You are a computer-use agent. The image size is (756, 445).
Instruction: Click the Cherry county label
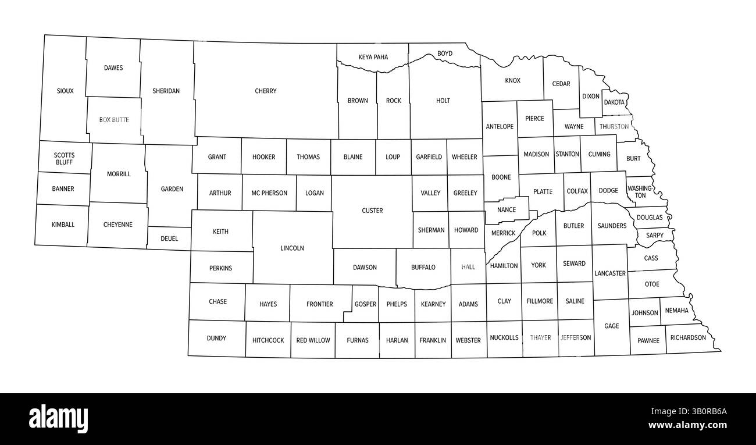[266, 91]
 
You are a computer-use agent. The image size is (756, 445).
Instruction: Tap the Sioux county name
[65, 91]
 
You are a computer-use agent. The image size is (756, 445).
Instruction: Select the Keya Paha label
[373, 57]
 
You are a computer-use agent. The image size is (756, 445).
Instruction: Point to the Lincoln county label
[292, 248]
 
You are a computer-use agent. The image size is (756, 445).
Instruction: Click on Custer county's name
[372, 211]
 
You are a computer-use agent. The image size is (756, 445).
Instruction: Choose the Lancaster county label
[610, 273]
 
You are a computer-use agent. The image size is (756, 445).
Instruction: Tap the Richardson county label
[688, 337]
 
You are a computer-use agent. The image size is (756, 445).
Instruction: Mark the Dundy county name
[216, 339]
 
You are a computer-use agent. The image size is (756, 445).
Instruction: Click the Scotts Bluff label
[64, 158]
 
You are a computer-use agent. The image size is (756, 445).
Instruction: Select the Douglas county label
[649, 218]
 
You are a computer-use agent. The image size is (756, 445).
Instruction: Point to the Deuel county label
[169, 238]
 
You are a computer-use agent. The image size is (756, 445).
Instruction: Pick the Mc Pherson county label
[269, 193]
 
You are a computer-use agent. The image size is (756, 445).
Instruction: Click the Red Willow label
[313, 340]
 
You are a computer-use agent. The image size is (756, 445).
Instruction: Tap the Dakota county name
[614, 102]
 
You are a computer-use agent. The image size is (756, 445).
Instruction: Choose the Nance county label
[507, 210]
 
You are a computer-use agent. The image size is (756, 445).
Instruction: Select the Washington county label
[640, 192]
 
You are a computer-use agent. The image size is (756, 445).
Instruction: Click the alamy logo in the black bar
[58, 418]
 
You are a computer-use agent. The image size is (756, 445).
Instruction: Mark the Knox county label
[512, 80]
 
